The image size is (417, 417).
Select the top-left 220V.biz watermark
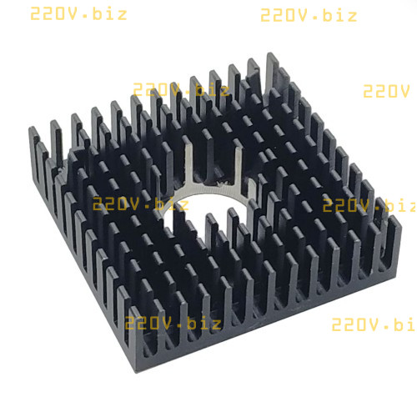coord(78,14)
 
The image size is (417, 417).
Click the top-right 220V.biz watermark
coord(309,15)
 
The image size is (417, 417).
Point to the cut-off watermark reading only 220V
coord(386,91)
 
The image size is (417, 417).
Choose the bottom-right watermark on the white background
coord(374,324)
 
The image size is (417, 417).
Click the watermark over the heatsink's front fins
coord(173,323)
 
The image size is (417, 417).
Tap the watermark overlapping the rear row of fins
coord(181,89)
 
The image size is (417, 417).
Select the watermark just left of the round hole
coord(140,203)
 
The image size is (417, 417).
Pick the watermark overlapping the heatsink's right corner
coord(369,205)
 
